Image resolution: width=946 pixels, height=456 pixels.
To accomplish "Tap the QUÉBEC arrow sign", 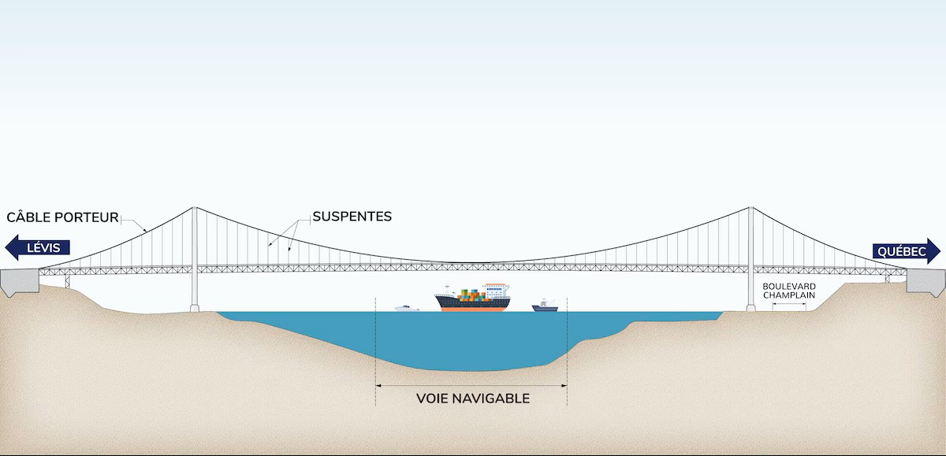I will coord(906,251).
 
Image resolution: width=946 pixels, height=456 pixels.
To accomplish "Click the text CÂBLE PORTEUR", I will coord(62,217).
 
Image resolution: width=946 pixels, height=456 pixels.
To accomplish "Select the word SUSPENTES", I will coord(352,217).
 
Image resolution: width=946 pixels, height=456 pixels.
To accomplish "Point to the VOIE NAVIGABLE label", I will coord(472,399).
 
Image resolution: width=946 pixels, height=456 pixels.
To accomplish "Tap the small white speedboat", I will coord(406,308).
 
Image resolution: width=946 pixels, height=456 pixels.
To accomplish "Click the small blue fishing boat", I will coord(544,306).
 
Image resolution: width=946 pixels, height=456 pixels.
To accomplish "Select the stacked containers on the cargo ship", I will coord(470,295).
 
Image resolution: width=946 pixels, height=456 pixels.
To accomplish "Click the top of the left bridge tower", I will coord(194,209).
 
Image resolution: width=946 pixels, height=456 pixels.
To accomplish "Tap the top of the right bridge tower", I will coord(750,209).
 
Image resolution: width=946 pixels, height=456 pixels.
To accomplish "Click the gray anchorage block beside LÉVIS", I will coord(19,280).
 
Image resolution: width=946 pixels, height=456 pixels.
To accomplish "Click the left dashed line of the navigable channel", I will coord(376,347).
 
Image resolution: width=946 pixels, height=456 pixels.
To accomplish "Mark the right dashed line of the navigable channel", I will coord(568,347).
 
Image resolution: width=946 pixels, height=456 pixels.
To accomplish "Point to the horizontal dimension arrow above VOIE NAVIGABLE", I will coord(471,386).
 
